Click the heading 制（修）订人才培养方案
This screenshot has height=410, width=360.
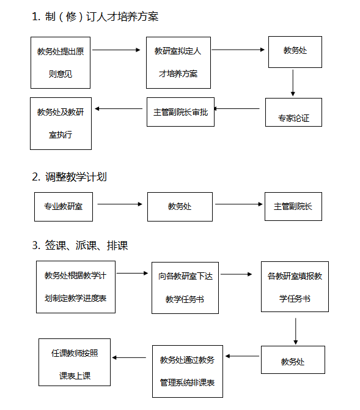[x=95, y=17]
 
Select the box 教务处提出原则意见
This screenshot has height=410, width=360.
[x=61, y=63]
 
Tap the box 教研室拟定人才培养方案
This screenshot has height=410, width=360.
[x=178, y=63]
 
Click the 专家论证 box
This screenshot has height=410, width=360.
[x=293, y=113]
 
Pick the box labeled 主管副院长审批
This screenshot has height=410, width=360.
[x=180, y=112]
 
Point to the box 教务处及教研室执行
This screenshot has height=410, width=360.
[x=61, y=124]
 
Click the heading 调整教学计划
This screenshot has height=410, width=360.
[x=69, y=177]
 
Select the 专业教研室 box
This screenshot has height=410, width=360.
[x=64, y=207]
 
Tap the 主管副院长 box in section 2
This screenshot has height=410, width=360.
[x=293, y=207]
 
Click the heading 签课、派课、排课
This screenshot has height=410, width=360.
[x=80, y=245]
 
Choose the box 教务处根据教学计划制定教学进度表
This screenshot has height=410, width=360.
[x=76, y=287]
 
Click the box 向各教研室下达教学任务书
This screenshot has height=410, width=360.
[x=185, y=288]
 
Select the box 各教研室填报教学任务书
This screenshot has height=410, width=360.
[x=295, y=286]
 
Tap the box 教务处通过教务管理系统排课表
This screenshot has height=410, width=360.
[x=188, y=371]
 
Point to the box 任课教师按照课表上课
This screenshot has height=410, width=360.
[x=75, y=362]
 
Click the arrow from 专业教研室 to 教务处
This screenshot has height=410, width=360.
[x=120, y=204]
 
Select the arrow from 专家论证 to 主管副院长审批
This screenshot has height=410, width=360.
[x=237, y=108]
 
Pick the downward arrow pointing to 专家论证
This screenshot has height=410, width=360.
[x=293, y=83]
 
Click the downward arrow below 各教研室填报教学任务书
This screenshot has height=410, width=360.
[x=296, y=331]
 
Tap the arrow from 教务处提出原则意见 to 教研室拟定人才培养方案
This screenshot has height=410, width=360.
[x=116, y=50]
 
